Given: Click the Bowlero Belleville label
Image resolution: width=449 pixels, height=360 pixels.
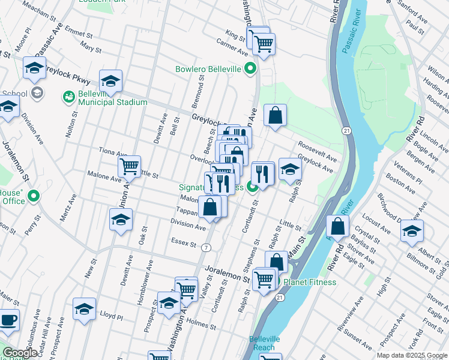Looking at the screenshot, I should tap(208, 70).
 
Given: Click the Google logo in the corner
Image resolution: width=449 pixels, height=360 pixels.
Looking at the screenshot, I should tap(20, 353).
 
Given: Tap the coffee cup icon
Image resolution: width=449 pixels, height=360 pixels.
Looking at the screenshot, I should tap(8, 320).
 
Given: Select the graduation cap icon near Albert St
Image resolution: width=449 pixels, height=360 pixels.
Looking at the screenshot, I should tap(412, 230).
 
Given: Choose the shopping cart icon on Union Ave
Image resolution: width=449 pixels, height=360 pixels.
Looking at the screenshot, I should tap(130, 168).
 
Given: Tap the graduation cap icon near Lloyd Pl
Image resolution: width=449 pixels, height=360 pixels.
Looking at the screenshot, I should tap(84, 308).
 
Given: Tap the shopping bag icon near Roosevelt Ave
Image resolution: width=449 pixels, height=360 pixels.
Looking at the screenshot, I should tap(275, 116).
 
